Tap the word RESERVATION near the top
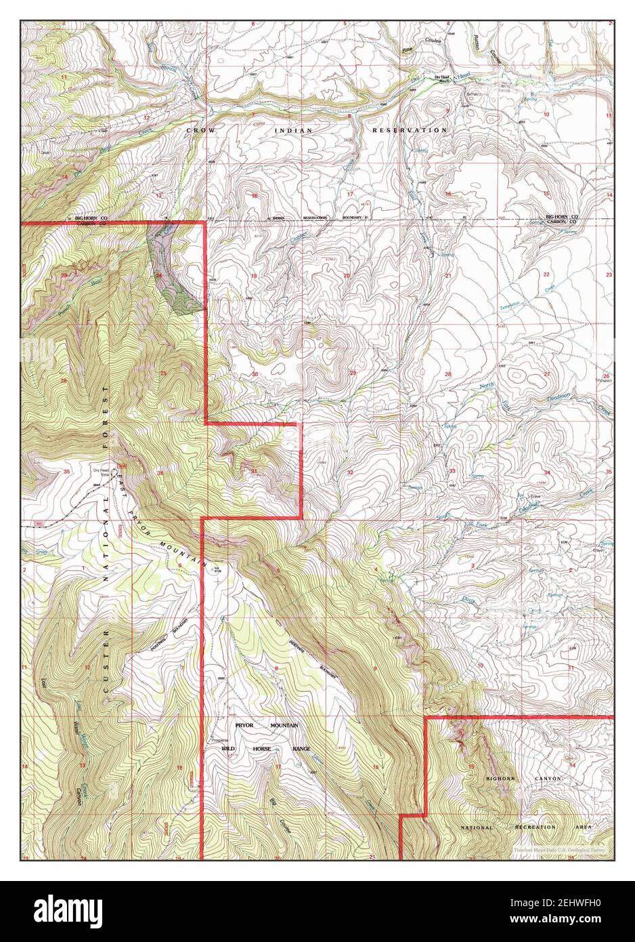(409, 129)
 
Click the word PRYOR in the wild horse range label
(248, 725)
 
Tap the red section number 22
(546, 274)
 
